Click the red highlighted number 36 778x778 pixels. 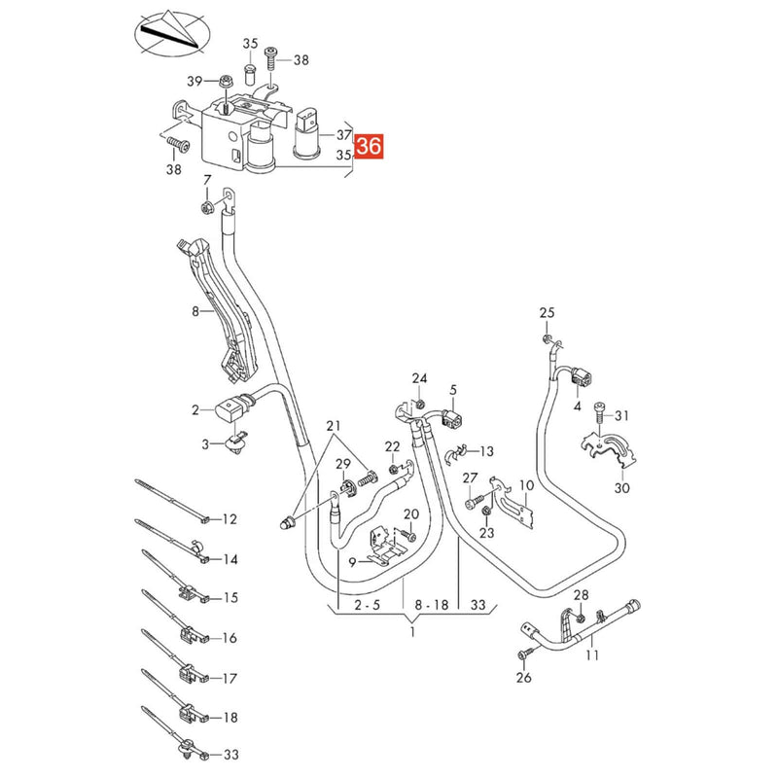pos(370,148)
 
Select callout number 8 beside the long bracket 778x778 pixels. pos(194,312)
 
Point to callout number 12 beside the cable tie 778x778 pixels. pos(230,519)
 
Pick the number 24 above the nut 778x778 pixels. pos(419,377)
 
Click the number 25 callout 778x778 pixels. pos(547,312)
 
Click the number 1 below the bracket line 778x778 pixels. pos(411,633)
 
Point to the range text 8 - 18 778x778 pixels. pos(429,604)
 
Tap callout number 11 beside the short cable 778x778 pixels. pos(592,655)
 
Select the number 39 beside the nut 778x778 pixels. pos(194,81)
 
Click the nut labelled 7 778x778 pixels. pos(207,206)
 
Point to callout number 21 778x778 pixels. pos(335,427)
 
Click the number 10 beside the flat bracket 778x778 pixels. pos(526,484)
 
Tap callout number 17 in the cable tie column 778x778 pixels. pos(230,678)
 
